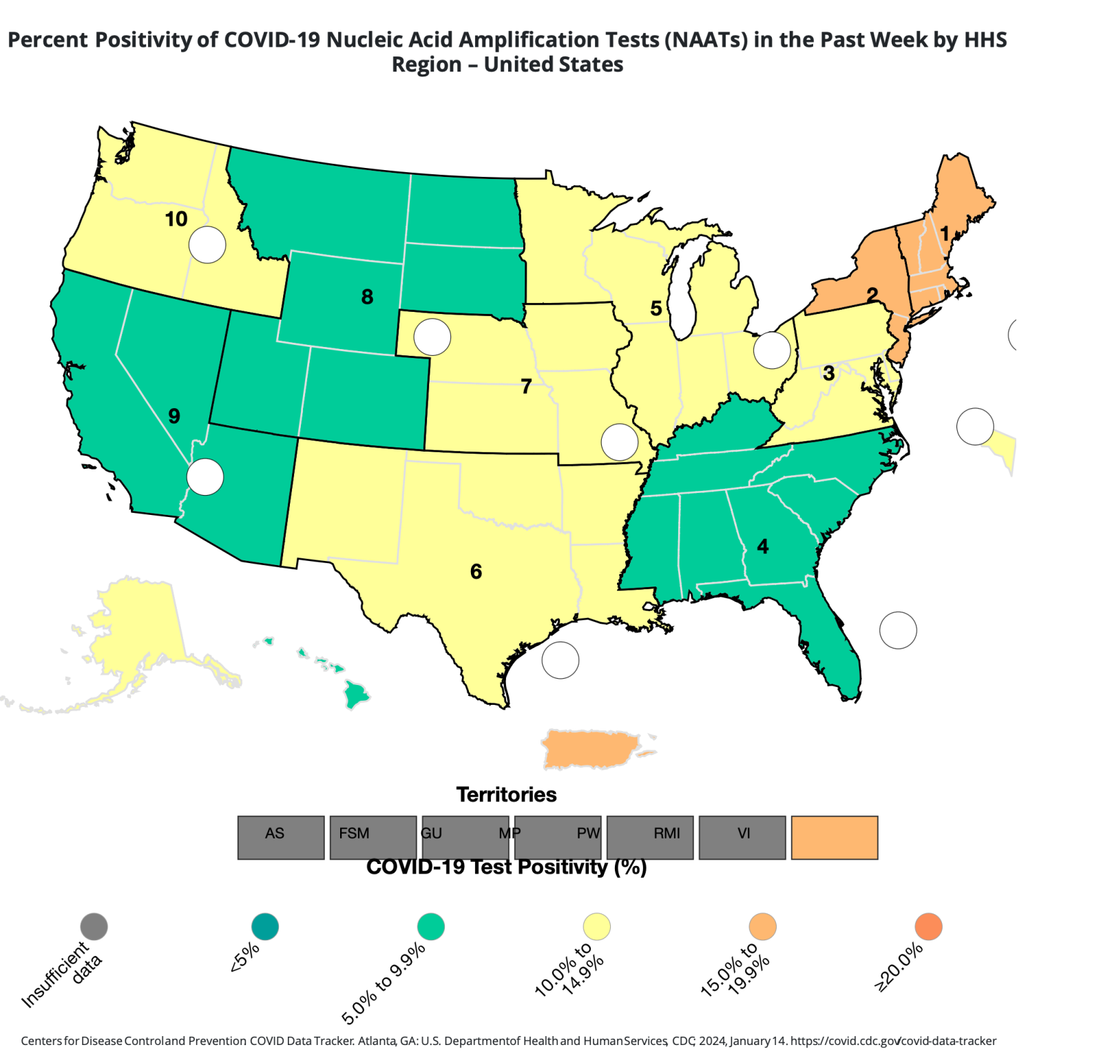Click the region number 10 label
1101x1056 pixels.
tap(176, 219)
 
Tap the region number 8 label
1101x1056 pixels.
tap(367, 297)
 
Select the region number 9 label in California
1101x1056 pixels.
tap(174, 416)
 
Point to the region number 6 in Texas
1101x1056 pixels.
tap(476, 571)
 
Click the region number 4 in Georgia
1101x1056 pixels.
tap(762, 547)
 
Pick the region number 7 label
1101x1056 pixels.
tap(526, 387)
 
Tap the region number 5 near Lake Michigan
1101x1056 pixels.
tap(656, 308)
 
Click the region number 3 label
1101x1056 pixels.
tap(828, 373)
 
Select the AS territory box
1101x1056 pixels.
tap(281, 837)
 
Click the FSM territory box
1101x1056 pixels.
tap(373, 837)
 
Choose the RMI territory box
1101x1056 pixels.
tap(650, 837)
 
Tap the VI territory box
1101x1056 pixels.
tap(742, 837)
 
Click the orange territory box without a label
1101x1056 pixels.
tap(835, 837)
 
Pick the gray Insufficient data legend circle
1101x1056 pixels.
tap(94, 927)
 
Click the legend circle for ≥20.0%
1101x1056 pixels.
tap(928, 927)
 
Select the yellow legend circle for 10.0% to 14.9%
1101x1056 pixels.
tap(596, 927)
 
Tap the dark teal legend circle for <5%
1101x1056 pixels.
tap(265, 927)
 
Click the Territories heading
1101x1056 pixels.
tap(506, 794)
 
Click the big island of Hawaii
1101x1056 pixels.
tap(357, 694)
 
